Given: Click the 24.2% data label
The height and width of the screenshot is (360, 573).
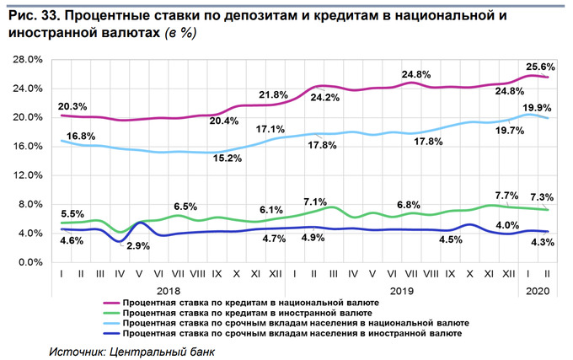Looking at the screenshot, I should coord(324,97).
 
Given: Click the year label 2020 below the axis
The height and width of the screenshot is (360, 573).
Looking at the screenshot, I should coord(538,289).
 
